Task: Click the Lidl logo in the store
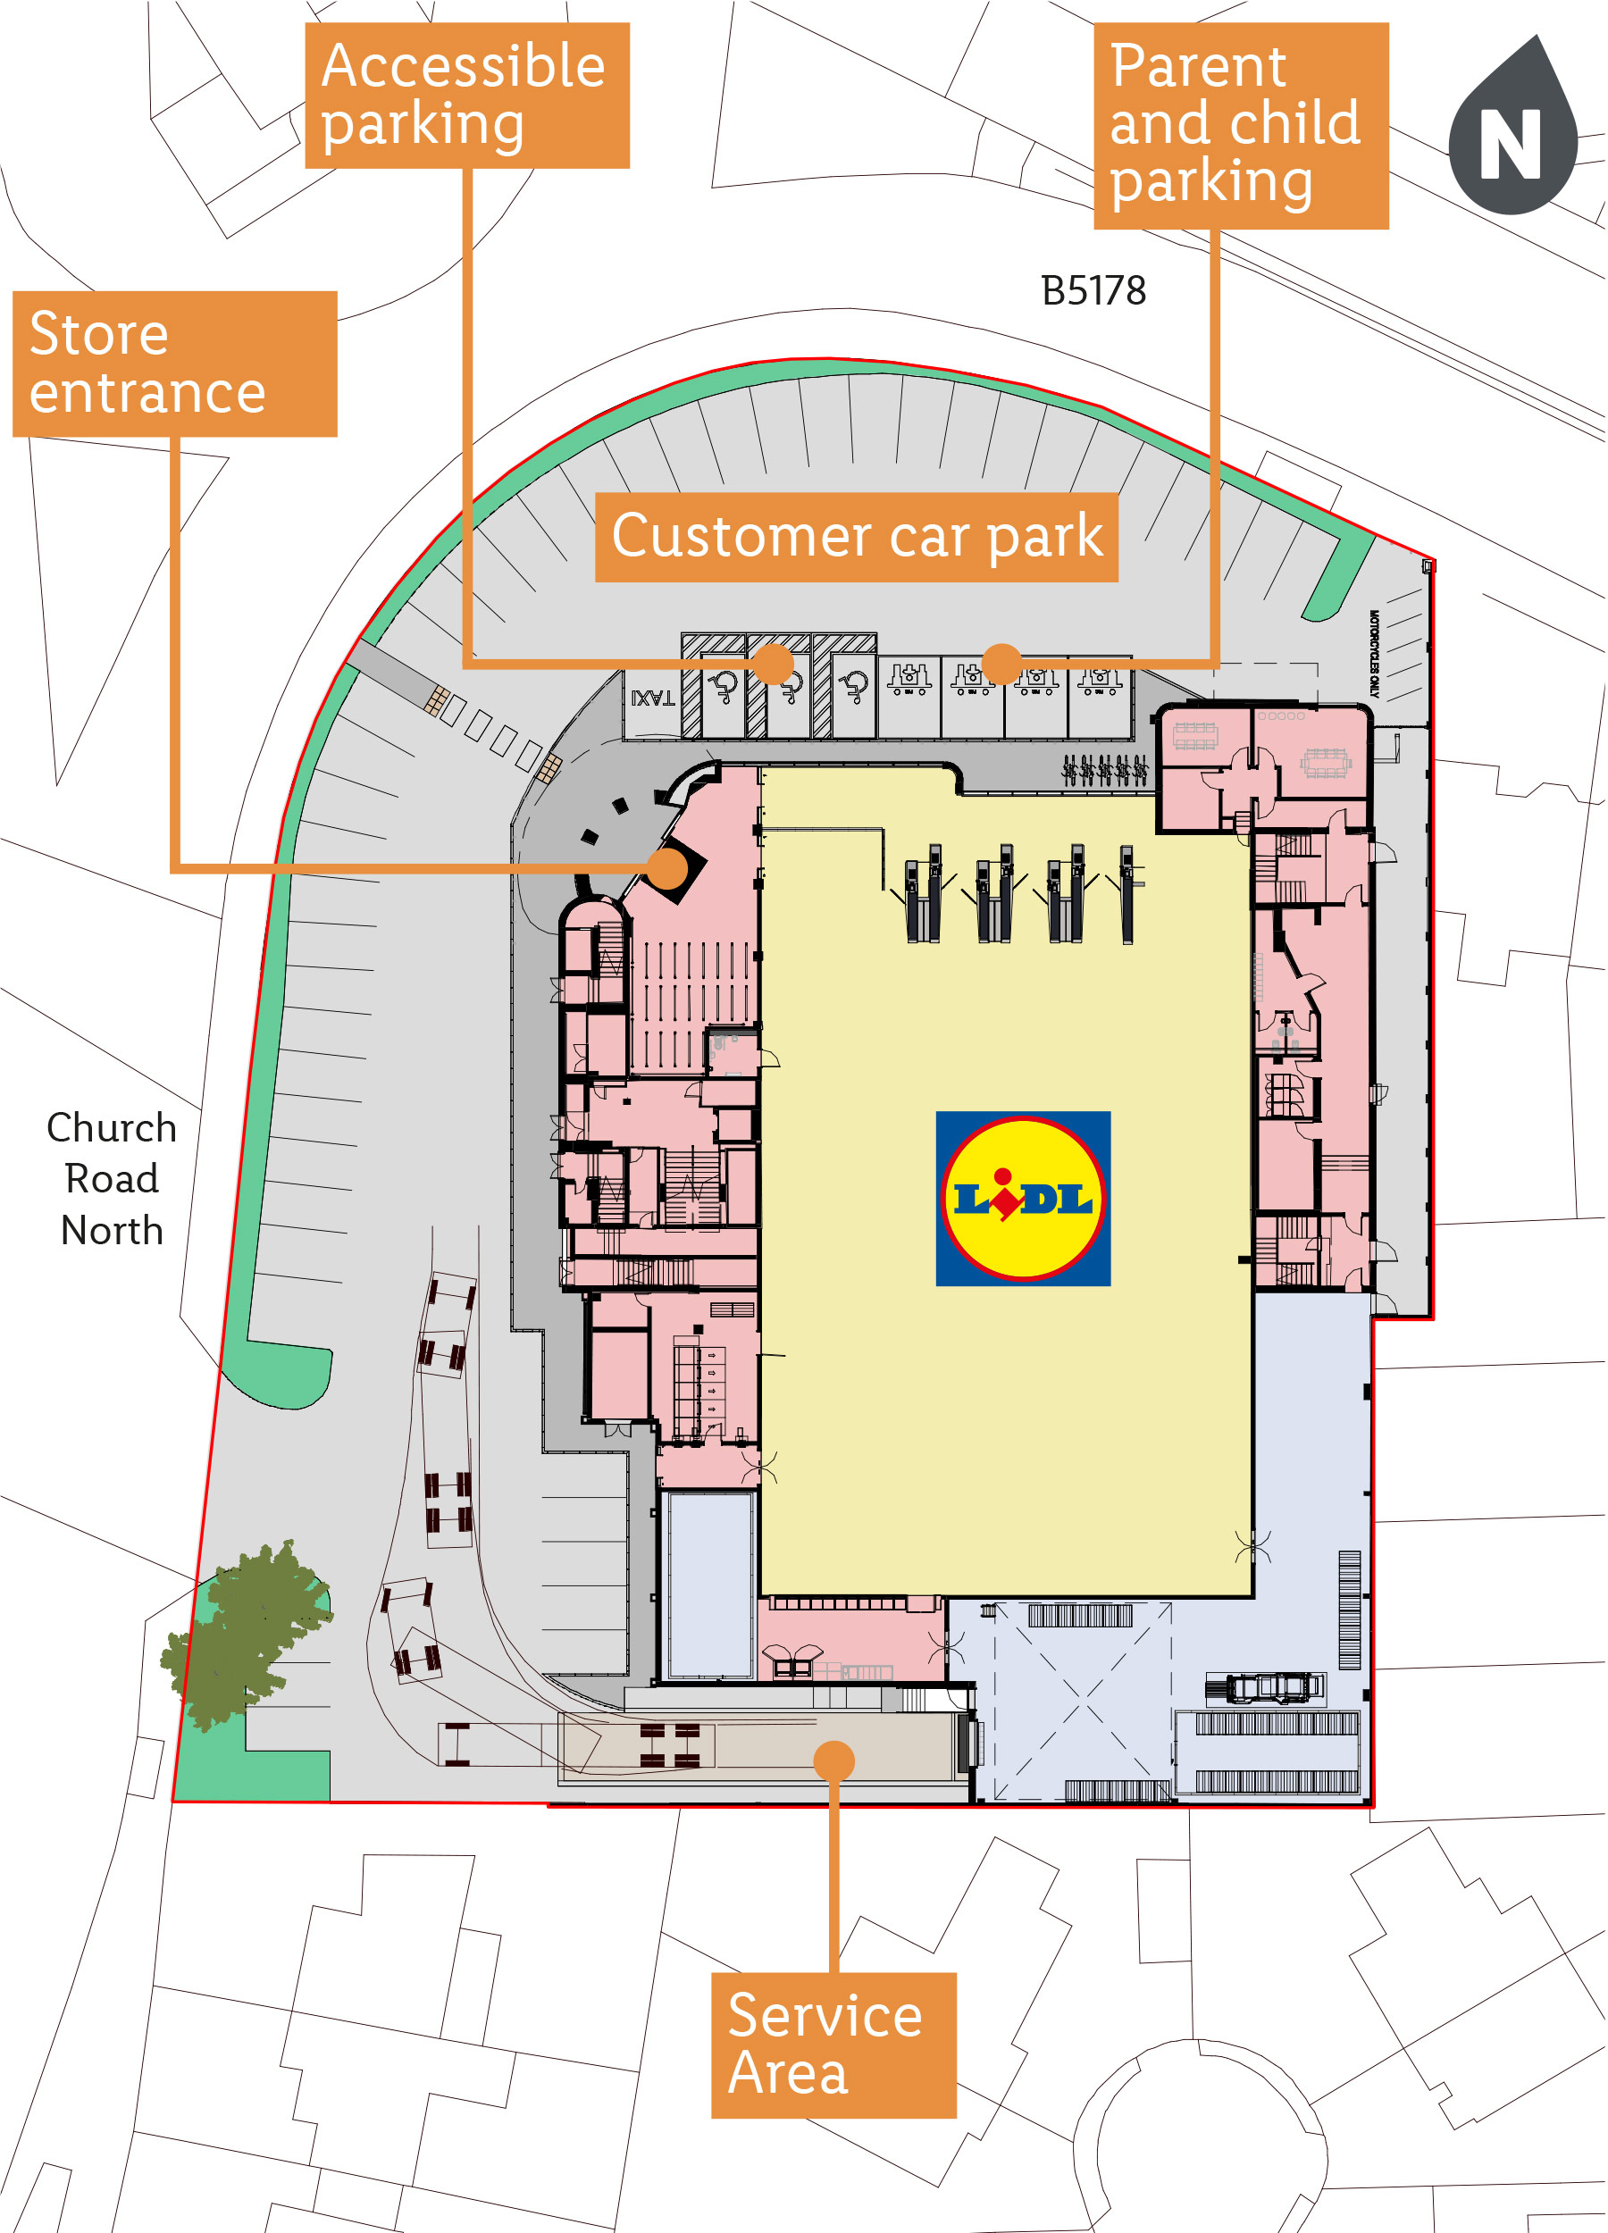[1022, 1198]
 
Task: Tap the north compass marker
[1512, 133]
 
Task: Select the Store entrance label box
[174, 364]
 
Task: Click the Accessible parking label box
[466, 96]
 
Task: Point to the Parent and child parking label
[1241, 125]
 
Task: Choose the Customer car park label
[856, 538]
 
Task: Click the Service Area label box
[833, 2045]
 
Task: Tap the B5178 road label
[1093, 291]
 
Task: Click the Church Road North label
[112, 1178]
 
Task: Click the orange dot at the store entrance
[667, 868]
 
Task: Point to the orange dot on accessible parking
[774, 664]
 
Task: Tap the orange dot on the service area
[834, 1760]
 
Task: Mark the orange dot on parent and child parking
[1001, 663]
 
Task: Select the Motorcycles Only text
[1374, 655]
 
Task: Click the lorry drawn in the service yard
[1265, 1687]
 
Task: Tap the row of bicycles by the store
[1105, 770]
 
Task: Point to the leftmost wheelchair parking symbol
[724, 686]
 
